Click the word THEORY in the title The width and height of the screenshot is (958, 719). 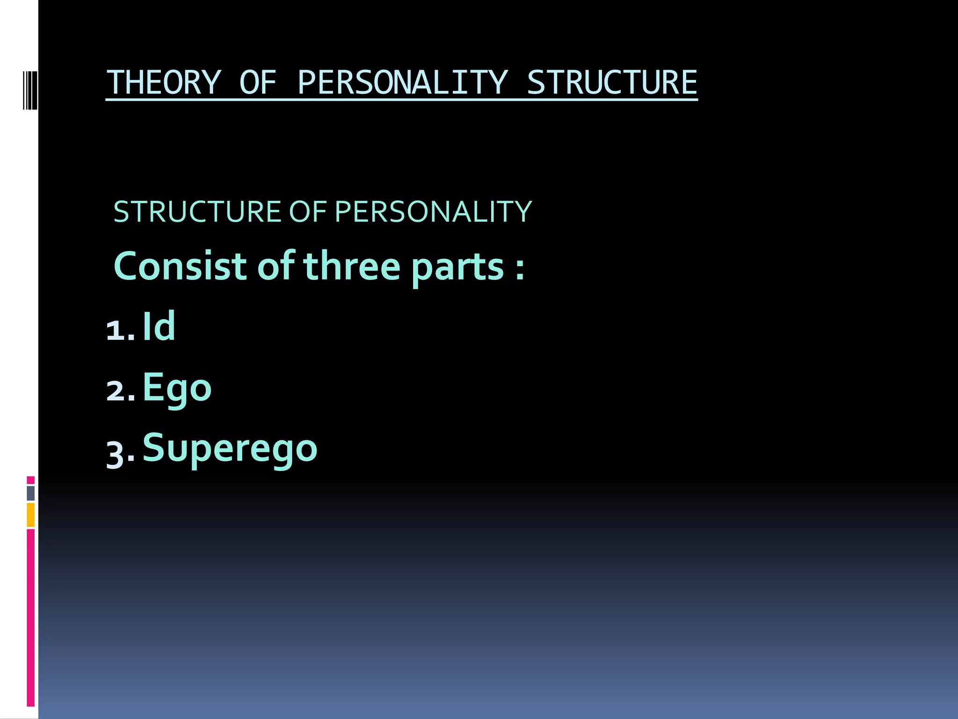[x=163, y=83]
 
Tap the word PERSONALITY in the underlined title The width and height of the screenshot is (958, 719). [x=402, y=83]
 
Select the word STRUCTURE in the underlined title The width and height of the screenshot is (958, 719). [x=612, y=83]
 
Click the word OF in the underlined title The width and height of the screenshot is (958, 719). [x=258, y=83]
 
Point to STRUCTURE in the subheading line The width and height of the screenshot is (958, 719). [x=197, y=212]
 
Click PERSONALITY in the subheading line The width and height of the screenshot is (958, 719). [x=433, y=212]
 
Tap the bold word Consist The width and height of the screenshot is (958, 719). [x=180, y=266]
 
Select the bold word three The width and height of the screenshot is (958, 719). [x=352, y=266]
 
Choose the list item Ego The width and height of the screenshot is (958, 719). [x=177, y=388]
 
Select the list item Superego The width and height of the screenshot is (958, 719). [x=230, y=448]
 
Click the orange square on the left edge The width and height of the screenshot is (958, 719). [x=30, y=514]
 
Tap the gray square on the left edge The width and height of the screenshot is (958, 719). [x=30, y=493]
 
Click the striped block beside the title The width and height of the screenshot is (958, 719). [x=30, y=90]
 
